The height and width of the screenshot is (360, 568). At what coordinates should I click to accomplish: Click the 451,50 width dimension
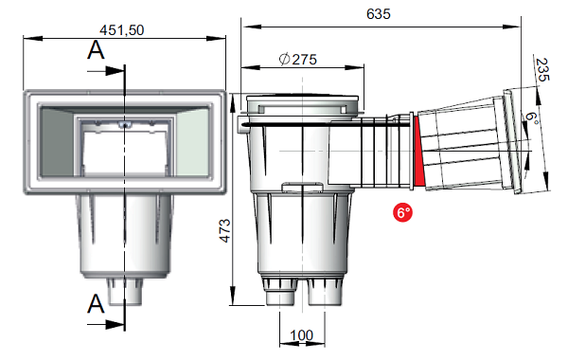(x=122, y=30)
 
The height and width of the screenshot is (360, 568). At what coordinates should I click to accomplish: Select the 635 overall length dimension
(x=378, y=14)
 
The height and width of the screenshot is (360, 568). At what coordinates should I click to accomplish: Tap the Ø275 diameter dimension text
(x=298, y=59)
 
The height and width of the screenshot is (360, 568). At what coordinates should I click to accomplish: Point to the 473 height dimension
(x=225, y=230)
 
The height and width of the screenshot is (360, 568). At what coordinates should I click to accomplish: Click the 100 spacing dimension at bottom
(x=302, y=335)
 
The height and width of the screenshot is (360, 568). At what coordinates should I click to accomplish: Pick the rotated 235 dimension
(x=542, y=69)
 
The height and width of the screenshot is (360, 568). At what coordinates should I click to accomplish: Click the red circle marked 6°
(x=402, y=212)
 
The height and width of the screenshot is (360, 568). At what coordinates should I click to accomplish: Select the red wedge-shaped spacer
(x=418, y=151)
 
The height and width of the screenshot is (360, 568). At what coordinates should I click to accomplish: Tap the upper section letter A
(x=96, y=50)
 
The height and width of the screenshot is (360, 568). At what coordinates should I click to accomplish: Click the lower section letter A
(x=96, y=304)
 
